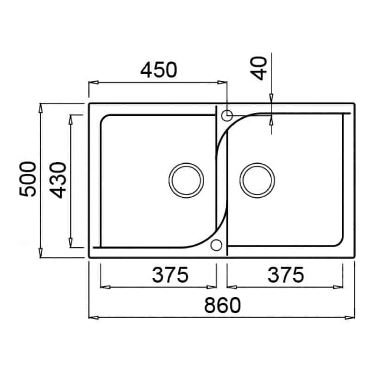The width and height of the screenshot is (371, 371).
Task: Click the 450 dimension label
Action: [x=159, y=70]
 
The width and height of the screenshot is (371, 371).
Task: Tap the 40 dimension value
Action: [x=259, y=68]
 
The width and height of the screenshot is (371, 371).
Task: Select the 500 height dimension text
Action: [x=28, y=179]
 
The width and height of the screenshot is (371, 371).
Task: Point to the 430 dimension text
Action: [x=58, y=180]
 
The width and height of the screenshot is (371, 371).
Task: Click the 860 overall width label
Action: [x=223, y=305]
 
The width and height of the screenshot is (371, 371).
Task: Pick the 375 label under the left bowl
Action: [x=170, y=275]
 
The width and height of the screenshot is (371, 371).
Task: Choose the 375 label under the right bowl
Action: [x=286, y=275]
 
